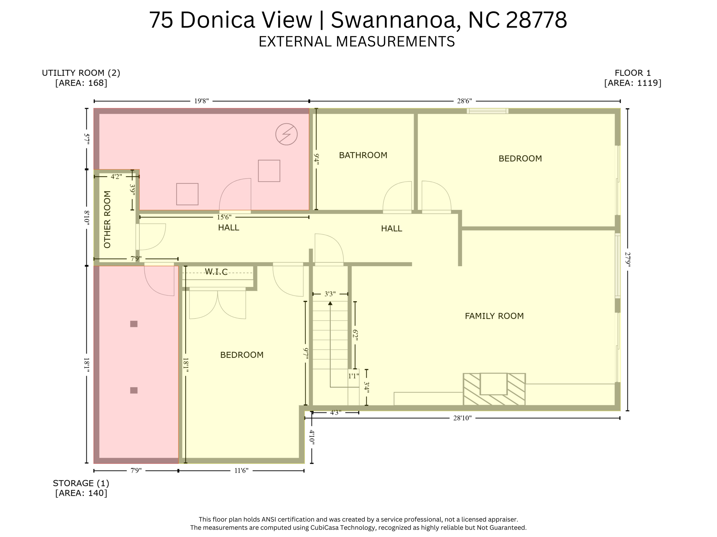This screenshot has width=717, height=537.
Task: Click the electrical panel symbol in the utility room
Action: tap(286, 134)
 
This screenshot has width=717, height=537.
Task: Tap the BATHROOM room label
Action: tap(363, 155)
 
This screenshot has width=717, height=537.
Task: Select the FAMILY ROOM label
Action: tap(494, 316)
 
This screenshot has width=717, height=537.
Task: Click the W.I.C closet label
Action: tap(216, 272)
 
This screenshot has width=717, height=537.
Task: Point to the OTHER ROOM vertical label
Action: tap(107, 220)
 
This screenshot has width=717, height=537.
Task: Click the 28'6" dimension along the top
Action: tap(464, 101)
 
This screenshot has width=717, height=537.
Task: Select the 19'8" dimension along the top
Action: tap(201, 101)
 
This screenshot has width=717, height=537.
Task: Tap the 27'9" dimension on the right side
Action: tap(628, 259)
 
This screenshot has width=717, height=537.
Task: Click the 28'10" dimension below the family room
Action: tap(462, 418)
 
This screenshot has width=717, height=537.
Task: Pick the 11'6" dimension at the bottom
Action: tap(241, 471)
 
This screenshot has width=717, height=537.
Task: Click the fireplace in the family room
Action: tap(494, 389)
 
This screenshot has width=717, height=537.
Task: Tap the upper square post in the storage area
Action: tap(134, 324)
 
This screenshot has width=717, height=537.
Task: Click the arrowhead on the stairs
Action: tap(330, 303)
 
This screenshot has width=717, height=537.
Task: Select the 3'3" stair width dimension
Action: tap(330, 294)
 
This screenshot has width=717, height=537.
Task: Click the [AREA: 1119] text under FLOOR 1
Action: tap(633, 83)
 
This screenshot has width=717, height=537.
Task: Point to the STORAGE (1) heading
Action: tap(81, 483)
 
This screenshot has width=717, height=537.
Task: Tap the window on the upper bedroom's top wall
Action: tap(487, 111)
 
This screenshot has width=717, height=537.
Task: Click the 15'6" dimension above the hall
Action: tap(224, 217)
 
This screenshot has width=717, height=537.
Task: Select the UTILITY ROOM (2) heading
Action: tap(81, 73)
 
